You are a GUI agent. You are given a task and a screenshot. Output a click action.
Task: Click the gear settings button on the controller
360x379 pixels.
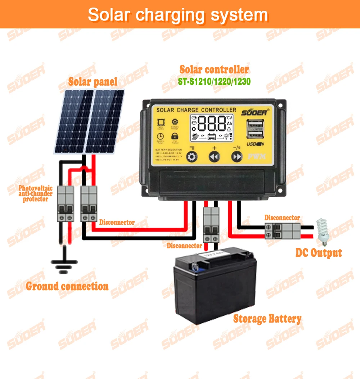pos(192,157)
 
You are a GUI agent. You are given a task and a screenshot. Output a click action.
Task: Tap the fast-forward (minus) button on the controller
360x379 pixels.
pos(237,157)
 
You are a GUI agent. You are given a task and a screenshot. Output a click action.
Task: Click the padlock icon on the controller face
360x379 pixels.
pos(175,136)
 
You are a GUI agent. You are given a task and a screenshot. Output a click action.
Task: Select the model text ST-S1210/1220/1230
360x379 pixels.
pos(214,82)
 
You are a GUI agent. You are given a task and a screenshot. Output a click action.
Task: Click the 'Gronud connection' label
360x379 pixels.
pos(67,286)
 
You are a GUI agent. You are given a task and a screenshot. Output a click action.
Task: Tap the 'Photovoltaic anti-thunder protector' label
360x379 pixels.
pos(35,193)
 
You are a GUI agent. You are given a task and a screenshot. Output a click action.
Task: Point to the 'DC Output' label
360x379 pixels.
pos(319,252)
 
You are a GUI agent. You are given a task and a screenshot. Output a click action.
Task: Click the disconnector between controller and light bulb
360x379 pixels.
pos(283,231)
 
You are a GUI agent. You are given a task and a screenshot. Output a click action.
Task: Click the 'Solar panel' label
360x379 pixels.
pos(93,82)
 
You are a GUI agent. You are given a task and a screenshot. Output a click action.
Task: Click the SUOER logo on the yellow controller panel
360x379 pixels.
pos(254,113)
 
